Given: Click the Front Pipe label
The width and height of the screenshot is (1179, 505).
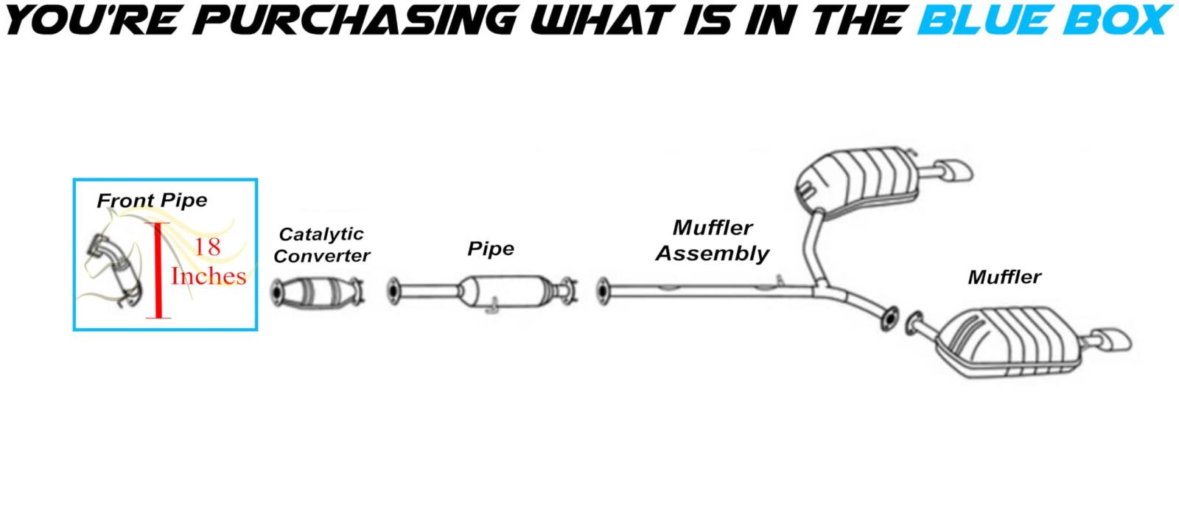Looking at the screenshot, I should click(152, 200).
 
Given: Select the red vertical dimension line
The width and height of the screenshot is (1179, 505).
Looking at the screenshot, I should click(157, 270).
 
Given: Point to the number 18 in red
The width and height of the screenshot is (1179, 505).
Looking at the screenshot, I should click(207, 247).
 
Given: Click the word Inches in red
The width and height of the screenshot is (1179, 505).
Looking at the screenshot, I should click(209, 276).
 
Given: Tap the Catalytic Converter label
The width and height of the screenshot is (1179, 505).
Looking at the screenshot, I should click(321, 245).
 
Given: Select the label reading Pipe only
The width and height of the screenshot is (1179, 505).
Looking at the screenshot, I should click(490, 249).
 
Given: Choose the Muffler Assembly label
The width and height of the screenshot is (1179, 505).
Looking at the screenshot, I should click(712, 240).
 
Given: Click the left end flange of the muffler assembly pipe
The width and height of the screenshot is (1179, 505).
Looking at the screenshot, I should click(604, 290).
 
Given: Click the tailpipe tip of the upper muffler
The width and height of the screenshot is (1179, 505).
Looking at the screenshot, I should click(956, 173).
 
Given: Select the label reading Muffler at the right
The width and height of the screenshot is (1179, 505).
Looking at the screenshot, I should click(1004, 277).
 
